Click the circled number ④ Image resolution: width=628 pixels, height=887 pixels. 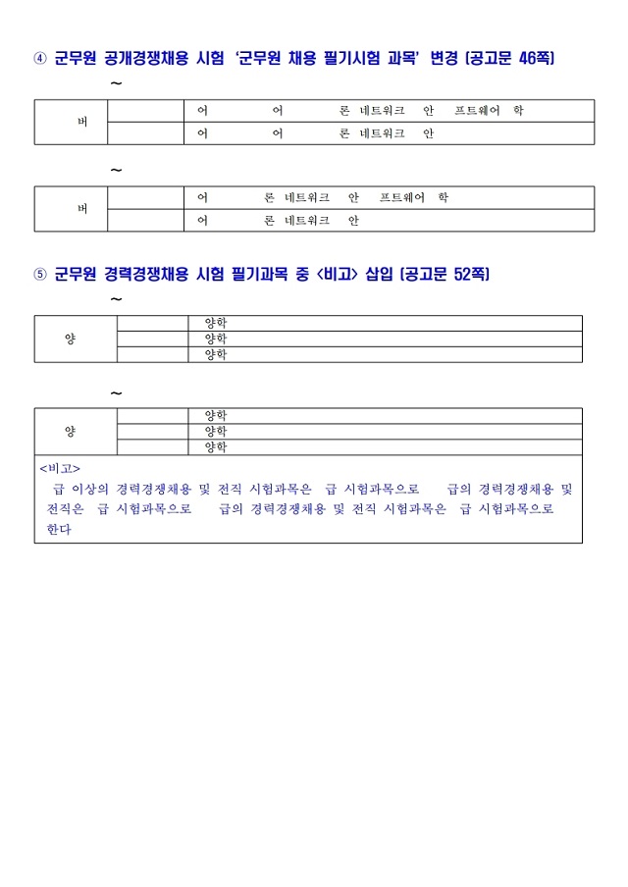point(39,59)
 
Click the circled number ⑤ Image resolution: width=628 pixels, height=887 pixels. point(39,275)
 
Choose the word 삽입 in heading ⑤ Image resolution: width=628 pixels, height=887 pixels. point(379,275)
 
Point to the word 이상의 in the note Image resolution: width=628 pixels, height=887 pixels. point(89,489)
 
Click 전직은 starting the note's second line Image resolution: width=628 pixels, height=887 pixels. point(65,509)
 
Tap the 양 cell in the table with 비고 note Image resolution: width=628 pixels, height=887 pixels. point(70,432)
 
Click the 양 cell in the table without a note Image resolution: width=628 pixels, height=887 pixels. point(70,339)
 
